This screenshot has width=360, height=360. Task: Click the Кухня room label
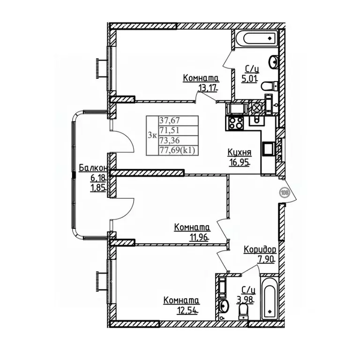(239, 152)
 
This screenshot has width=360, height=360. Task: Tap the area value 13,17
(207, 89)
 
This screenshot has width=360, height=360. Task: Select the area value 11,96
(199, 237)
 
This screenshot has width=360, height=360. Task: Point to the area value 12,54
(187, 310)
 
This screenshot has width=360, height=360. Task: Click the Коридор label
(260, 249)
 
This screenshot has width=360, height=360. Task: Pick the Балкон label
(93, 168)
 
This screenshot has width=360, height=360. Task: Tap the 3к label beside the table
(152, 135)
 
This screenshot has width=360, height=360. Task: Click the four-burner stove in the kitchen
(235, 123)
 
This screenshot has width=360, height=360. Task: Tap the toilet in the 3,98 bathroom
(243, 311)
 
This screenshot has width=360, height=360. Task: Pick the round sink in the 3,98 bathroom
(224, 306)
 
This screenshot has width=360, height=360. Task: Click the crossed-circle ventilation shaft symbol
(257, 107)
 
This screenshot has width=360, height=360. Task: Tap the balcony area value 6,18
(98, 178)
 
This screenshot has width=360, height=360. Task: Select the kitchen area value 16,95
(239, 163)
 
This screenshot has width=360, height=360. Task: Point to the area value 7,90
(266, 259)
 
